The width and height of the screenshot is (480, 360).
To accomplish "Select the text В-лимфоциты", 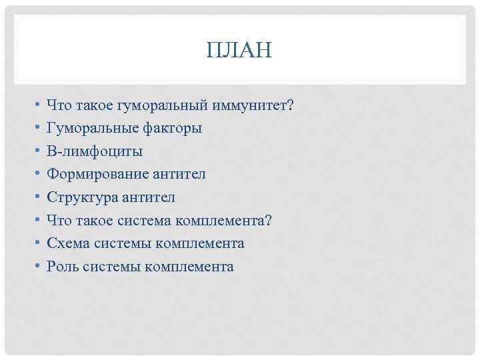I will (94, 151).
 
